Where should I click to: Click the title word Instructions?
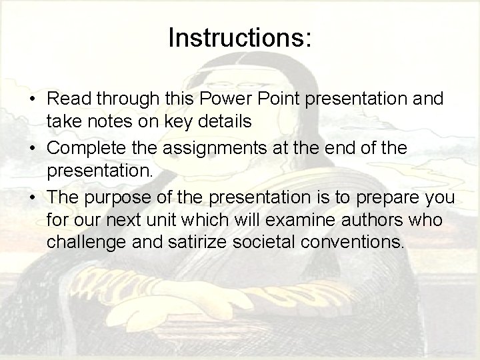pos(240,39)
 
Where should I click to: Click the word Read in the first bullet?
pos(67,99)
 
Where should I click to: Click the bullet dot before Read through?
pos(32,100)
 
